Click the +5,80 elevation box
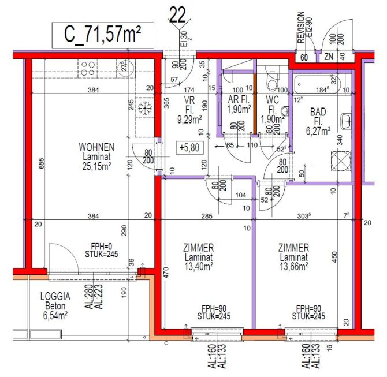[x=188, y=147]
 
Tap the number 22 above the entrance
[x=177, y=14]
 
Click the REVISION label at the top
[x=300, y=27]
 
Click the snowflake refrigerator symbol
[x=144, y=108]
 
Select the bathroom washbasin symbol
[x=346, y=121]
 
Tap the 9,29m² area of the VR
[x=189, y=120]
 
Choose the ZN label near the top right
[x=329, y=57]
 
